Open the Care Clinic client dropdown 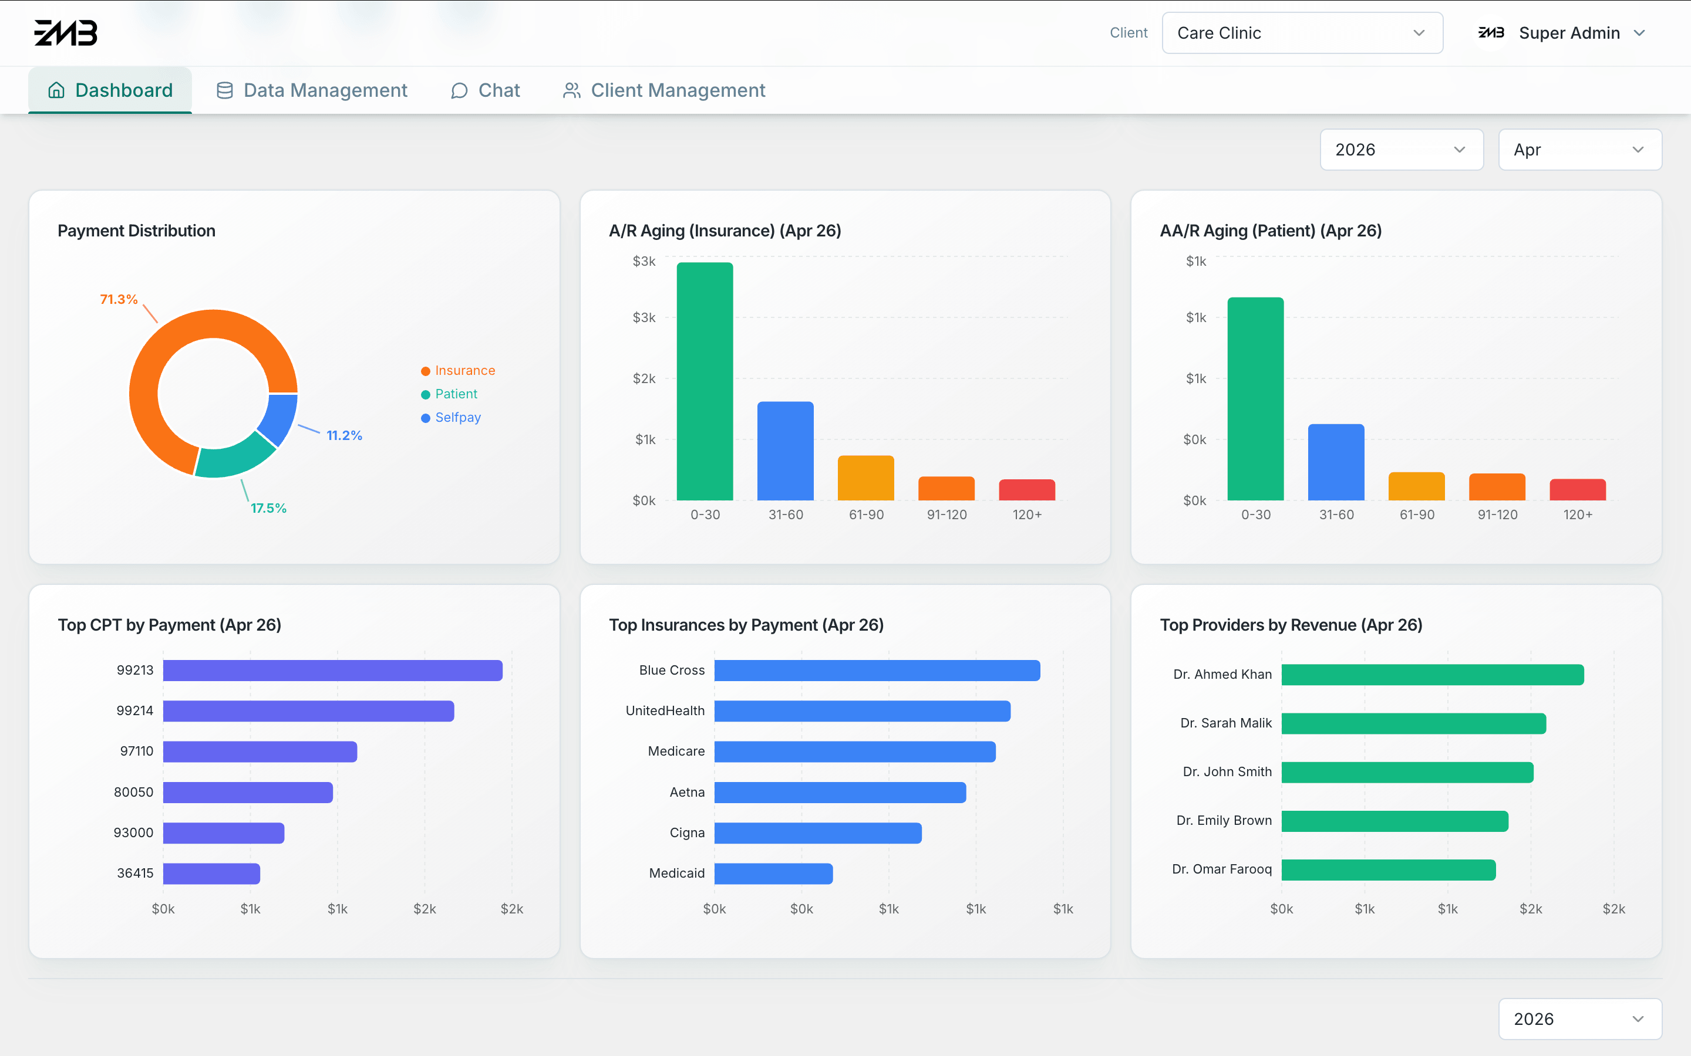(1302, 33)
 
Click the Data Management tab (312, 90)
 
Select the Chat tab (486, 90)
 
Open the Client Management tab (664, 90)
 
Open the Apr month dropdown (1579, 150)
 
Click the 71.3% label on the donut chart (119, 299)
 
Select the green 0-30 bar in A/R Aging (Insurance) (705, 381)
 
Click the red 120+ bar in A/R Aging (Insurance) (1026, 490)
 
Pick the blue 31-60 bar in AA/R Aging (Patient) (1336, 462)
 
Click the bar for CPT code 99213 (332, 671)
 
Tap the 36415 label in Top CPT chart (135, 873)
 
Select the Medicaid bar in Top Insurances (773, 874)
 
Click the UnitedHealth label (665, 711)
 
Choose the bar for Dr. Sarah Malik (1414, 723)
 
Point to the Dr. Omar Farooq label (1221, 869)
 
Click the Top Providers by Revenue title (1291, 625)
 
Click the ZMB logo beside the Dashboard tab (66, 33)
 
